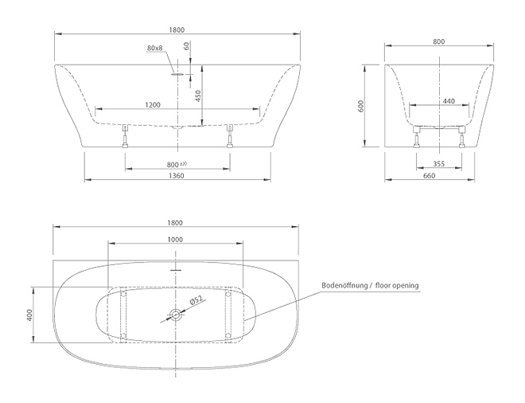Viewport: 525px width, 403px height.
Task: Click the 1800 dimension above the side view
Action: [x=177, y=29]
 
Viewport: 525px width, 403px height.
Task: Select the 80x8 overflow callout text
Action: [x=154, y=48]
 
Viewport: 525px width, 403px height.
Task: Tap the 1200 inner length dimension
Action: [x=153, y=105]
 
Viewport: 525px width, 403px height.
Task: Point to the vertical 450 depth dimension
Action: [x=197, y=96]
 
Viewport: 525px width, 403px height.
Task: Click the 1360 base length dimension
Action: [x=177, y=176]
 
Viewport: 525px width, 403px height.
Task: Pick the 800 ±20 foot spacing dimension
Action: [x=177, y=165]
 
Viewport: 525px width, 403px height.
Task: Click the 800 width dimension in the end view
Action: [x=439, y=41]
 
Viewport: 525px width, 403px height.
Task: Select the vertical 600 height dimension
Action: [x=360, y=106]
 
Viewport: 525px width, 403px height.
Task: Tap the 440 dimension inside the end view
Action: [x=449, y=101]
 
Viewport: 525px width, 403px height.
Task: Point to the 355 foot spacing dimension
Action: [x=438, y=163]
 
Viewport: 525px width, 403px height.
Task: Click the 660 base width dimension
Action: [x=430, y=176]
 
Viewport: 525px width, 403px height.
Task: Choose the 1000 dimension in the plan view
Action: [x=175, y=240]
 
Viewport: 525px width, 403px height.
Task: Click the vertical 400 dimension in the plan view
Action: [x=29, y=315]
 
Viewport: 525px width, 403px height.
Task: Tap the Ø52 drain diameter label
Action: [x=196, y=301]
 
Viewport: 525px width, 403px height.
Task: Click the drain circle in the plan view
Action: [x=175, y=315]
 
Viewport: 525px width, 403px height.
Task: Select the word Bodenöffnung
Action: [x=344, y=286]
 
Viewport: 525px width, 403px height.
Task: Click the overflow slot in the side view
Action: [x=178, y=74]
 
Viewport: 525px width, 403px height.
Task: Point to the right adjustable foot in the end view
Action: [x=462, y=137]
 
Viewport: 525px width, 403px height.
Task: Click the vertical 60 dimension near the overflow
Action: [x=187, y=45]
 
